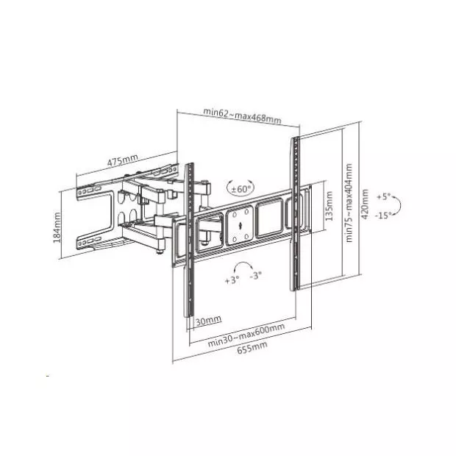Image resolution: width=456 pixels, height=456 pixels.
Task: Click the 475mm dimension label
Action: point(122,160)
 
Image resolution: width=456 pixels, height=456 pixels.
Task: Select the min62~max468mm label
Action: point(242,115)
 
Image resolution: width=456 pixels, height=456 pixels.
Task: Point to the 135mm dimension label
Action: point(329,206)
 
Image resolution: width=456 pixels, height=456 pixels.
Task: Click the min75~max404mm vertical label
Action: point(349,203)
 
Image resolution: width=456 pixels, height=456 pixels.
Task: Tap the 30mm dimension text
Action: point(208,321)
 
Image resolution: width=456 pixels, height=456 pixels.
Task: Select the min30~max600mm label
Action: point(246,335)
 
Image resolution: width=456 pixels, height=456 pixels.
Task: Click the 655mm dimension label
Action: point(252,348)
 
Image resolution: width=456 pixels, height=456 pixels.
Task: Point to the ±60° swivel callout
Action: point(241,189)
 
